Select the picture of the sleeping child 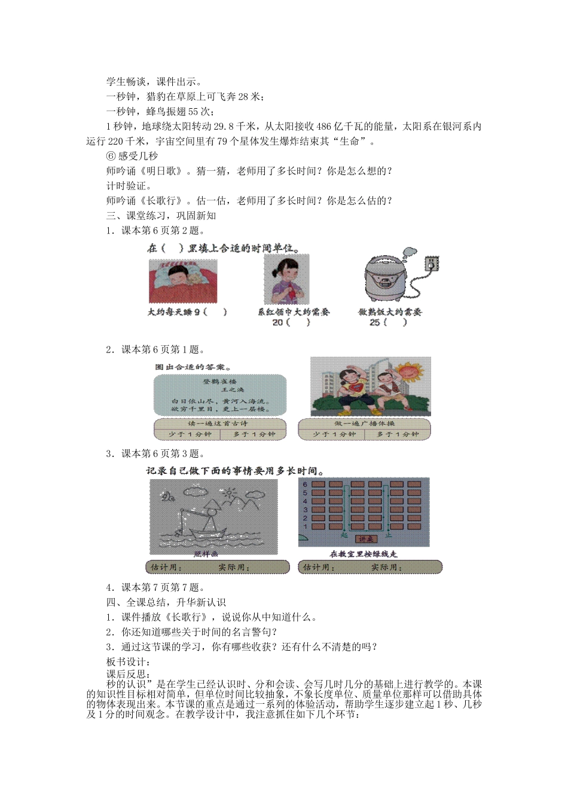coord(183,281)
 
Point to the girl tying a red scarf coord(286,280)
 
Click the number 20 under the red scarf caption coord(277,323)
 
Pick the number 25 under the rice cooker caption coord(374,323)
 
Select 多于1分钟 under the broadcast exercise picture coord(398,434)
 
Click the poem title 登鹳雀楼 coord(220,381)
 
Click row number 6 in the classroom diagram coord(305,485)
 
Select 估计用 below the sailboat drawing coord(163,567)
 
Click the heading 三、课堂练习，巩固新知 coord(161,216)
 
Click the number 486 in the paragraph coord(323,127)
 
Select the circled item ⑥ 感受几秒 coord(132,156)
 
